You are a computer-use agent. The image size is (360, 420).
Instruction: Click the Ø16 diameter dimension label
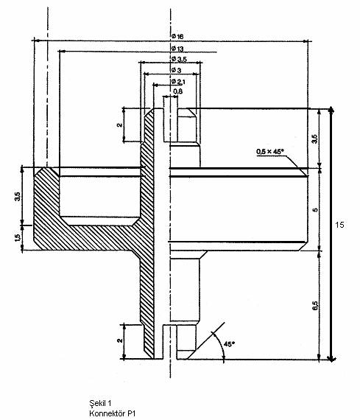click(x=177, y=36)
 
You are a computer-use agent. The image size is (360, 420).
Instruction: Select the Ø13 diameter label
click(x=177, y=49)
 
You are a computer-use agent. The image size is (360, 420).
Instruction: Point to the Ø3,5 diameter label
click(x=179, y=59)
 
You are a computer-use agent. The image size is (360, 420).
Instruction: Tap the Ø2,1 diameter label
click(x=178, y=82)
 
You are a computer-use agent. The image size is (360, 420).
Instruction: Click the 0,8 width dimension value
click(x=177, y=91)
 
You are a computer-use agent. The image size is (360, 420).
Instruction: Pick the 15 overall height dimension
click(x=339, y=225)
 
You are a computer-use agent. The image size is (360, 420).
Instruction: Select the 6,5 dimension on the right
click(x=315, y=306)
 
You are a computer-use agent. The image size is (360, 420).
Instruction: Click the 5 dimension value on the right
click(x=315, y=209)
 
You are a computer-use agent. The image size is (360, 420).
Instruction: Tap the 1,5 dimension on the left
click(x=17, y=238)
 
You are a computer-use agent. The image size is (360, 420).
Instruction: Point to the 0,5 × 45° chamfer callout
click(x=269, y=152)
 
